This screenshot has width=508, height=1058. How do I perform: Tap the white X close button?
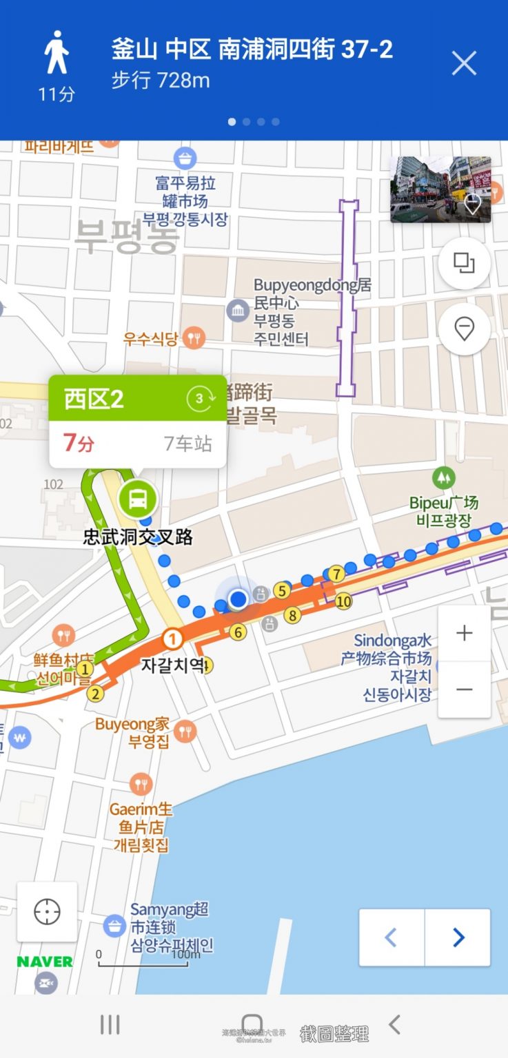pos(464,63)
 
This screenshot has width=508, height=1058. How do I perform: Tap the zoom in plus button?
pos(465,633)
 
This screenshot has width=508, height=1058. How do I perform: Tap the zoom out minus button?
pos(465,689)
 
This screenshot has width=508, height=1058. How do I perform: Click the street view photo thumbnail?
pos(440,189)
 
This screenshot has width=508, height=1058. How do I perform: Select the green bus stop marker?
pos(138,499)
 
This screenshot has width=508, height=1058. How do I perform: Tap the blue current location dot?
pos(238,599)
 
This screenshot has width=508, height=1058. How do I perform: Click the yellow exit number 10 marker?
pos(343,601)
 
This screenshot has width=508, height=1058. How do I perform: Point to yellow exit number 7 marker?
pos(336,574)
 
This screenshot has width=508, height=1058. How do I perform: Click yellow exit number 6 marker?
pos(238,632)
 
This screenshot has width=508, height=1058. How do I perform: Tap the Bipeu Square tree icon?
pos(443,477)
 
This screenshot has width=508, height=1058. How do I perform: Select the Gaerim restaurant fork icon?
pos(141,784)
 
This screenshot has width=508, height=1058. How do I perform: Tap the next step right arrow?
pos(458,937)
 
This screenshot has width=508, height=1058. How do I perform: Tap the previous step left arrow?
pos(392,937)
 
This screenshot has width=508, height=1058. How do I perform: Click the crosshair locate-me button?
pos(47,911)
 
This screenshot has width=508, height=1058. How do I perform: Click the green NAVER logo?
pos(45,962)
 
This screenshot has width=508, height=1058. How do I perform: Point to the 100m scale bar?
pos(143,960)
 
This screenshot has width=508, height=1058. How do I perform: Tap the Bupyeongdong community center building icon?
pos(238,311)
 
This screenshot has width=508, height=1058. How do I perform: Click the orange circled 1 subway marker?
pos(172,640)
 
